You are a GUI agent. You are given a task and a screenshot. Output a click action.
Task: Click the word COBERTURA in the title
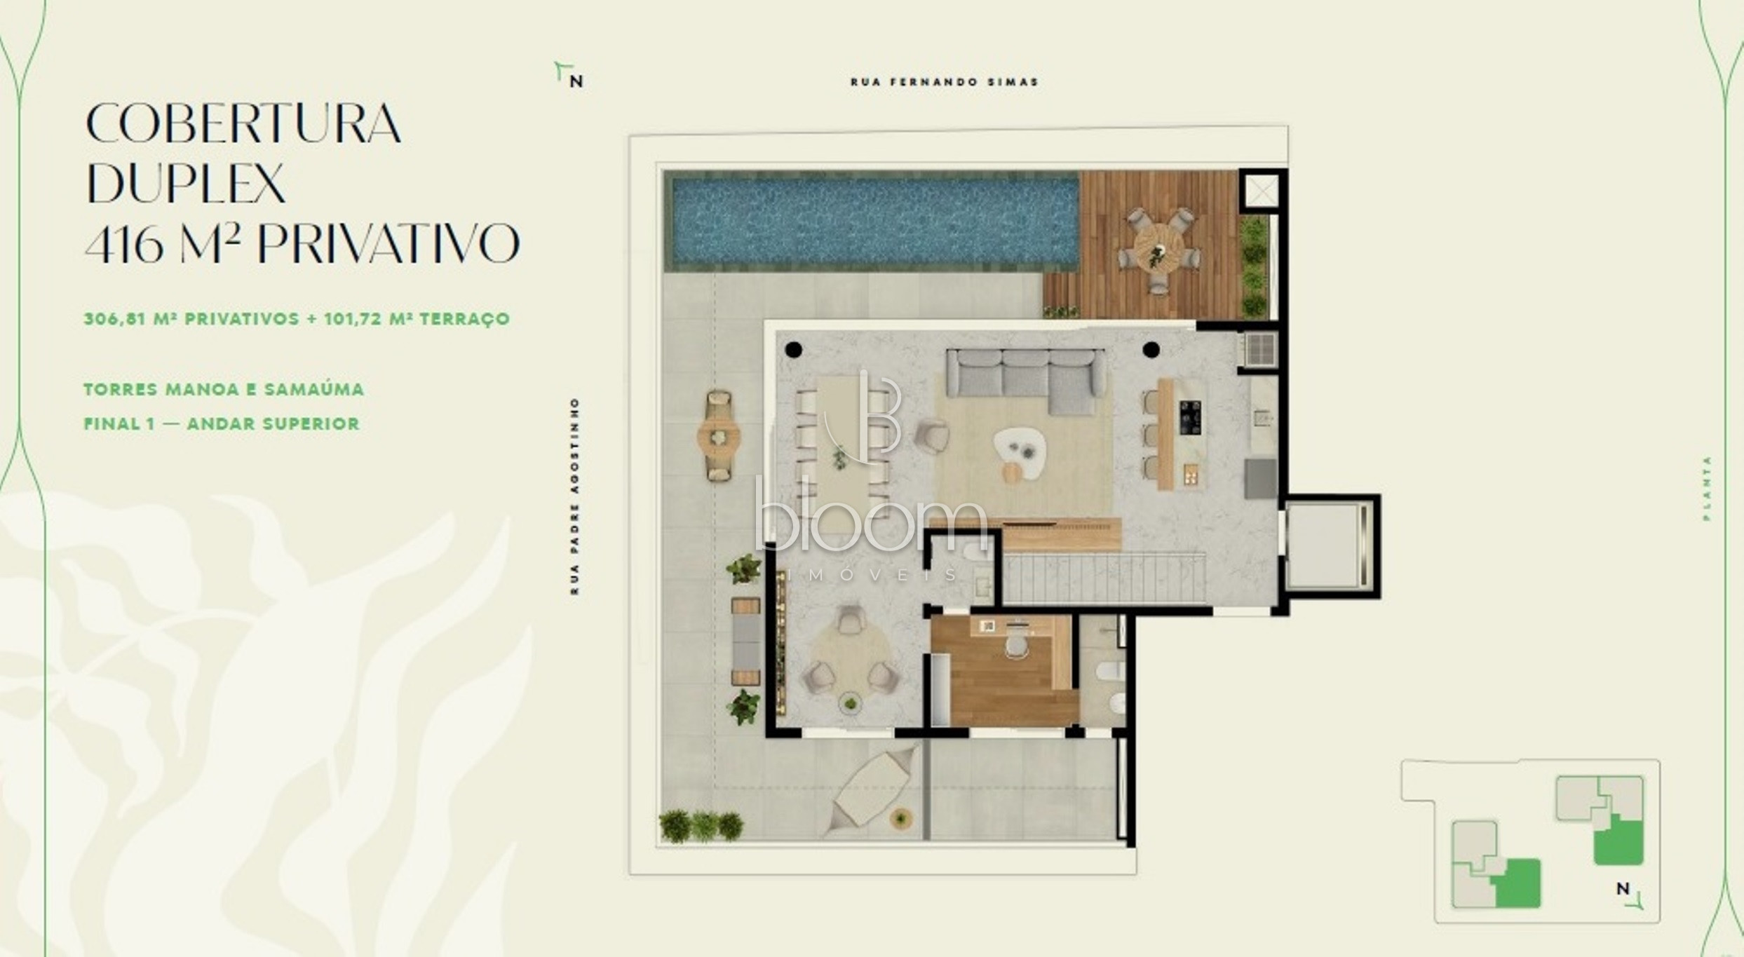[243, 123]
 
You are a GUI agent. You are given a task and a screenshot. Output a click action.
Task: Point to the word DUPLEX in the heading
[185, 183]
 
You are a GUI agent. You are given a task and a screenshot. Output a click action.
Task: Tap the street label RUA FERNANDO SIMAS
[944, 82]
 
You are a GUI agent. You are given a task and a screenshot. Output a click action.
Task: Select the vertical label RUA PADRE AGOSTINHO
[575, 496]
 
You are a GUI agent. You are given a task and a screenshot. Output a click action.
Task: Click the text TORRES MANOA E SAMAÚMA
[224, 389]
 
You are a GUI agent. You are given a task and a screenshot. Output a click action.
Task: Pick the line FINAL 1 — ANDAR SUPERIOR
[222, 423]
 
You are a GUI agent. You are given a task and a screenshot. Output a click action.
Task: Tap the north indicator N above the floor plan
[576, 81]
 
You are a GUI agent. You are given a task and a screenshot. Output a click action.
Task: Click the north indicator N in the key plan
[1623, 889]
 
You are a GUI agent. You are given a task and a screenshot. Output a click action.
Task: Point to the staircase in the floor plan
[1102, 578]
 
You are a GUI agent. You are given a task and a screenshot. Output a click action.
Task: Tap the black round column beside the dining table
[793, 350]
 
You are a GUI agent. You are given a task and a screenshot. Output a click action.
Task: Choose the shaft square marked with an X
[1262, 191]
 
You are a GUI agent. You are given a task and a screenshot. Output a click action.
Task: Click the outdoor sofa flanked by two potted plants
[746, 642]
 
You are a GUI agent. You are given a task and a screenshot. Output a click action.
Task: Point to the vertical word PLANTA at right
[1707, 488]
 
